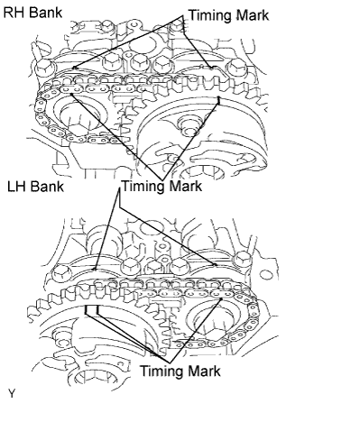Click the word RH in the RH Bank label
coord(14,13)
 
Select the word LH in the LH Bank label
coord(16,187)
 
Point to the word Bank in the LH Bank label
coord(47,187)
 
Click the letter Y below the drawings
coord(12,393)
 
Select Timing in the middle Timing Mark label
coord(143,187)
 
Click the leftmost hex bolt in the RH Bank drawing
coord(45,68)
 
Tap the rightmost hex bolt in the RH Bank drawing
coord(237,69)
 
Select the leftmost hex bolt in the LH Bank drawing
coord(61,273)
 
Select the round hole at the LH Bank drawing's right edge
coord(266,275)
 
